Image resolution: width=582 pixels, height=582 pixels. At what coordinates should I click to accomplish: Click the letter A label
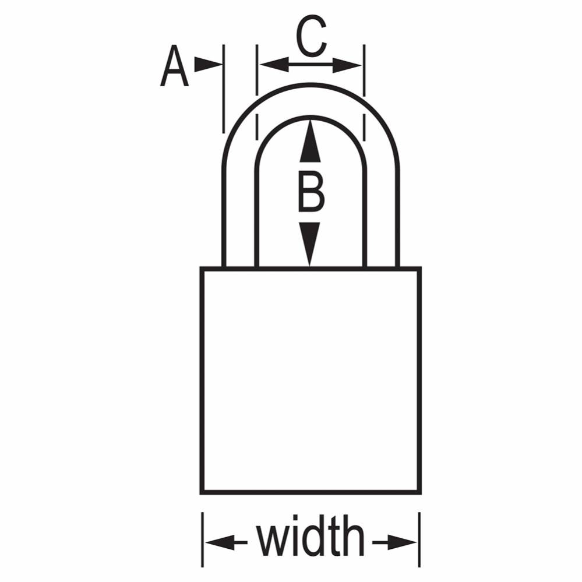coord(174,66)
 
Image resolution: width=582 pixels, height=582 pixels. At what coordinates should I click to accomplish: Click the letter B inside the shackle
coord(311,192)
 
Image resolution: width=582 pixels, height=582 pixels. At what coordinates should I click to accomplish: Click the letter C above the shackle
coord(311,36)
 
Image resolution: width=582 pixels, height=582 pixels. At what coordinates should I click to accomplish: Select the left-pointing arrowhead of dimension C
coord(274,65)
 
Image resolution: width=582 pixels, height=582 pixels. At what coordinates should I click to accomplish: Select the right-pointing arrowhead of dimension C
coord(347,65)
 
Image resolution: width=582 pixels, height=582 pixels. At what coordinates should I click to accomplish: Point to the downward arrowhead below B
coord(309,244)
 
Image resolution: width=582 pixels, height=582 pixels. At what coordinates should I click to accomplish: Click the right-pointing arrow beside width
coord(395,543)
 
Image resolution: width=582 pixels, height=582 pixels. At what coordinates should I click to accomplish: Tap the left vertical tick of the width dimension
coord(202,539)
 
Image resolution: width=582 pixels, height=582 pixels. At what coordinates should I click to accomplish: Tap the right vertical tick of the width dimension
coord(419,539)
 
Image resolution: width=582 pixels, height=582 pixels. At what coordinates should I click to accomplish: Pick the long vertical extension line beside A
coord(224,89)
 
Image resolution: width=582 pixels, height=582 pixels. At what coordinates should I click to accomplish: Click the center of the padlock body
coord(311,380)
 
